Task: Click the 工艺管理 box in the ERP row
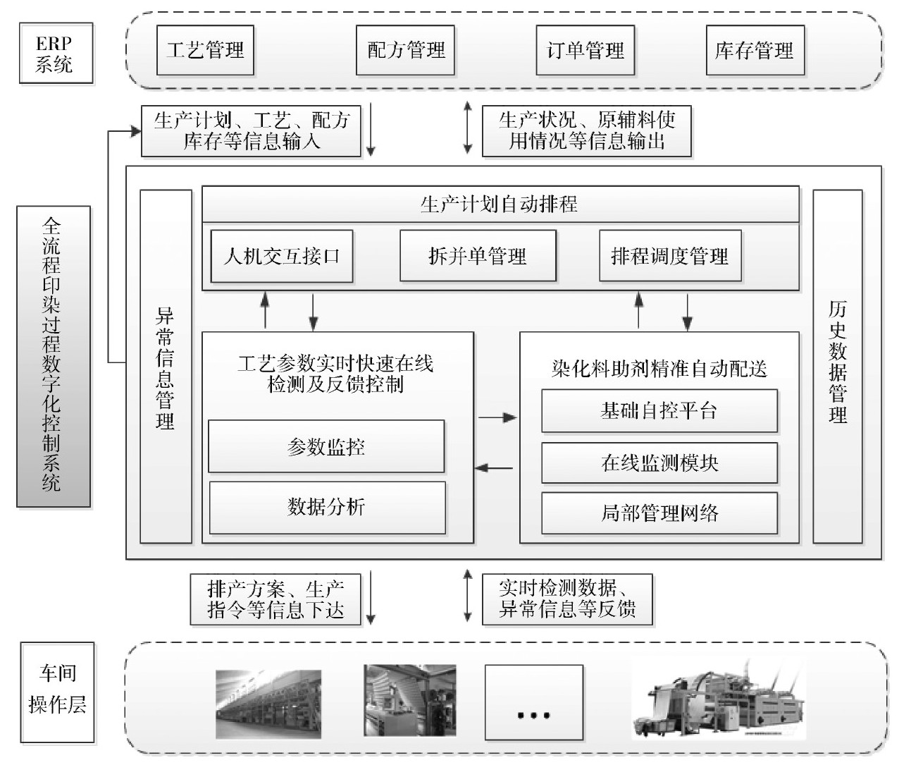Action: tap(205, 51)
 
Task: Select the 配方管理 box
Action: tap(406, 51)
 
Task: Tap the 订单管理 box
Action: tap(585, 51)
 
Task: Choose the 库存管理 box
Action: tap(755, 51)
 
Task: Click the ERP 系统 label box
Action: tap(56, 54)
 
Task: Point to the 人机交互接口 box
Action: tap(281, 256)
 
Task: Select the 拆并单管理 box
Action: tap(477, 256)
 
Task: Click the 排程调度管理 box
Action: tap(669, 256)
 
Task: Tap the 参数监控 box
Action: tap(326, 446)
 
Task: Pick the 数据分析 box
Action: tap(327, 507)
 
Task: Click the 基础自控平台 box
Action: tap(659, 411)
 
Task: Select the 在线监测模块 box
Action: tap(659, 463)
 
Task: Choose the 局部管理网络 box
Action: tap(659, 513)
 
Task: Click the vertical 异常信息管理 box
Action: tap(166, 367)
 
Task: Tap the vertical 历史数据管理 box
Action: tap(838, 367)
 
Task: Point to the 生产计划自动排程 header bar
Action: tap(500, 205)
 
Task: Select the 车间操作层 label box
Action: tap(57, 692)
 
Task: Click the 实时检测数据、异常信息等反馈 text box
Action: tap(567, 599)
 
